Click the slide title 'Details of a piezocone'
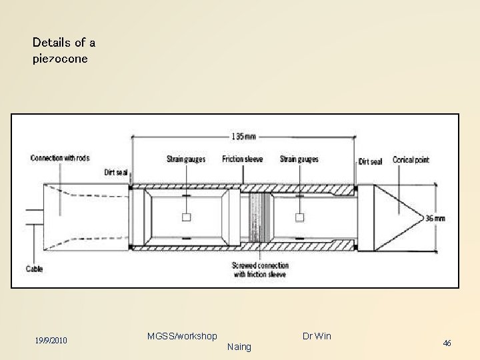pyautogui.click(x=64, y=50)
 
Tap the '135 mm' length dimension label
pyautogui.click(x=242, y=137)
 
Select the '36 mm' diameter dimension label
pyautogui.click(x=436, y=218)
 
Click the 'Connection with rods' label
pyautogui.click(x=60, y=158)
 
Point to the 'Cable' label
pyautogui.click(x=35, y=269)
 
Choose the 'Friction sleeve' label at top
pyautogui.click(x=243, y=159)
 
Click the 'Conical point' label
pyautogui.click(x=411, y=160)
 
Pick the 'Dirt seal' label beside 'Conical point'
pyautogui.click(x=370, y=161)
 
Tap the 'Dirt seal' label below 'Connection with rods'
pyautogui.click(x=115, y=172)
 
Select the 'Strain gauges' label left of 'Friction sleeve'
pyautogui.click(x=186, y=159)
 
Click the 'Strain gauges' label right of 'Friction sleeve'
pyautogui.click(x=299, y=159)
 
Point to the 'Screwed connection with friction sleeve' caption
pyautogui.click(x=260, y=269)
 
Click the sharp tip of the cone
pyautogui.click(x=425, y=217)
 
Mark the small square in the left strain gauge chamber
pyautogui.click(x=187, y=217)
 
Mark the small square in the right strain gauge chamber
pyautogui.click(x=299, y=217)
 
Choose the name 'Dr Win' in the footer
pyautogui.click(x=316, y=336)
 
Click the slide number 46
pyautogui.click(x=447, y=343)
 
